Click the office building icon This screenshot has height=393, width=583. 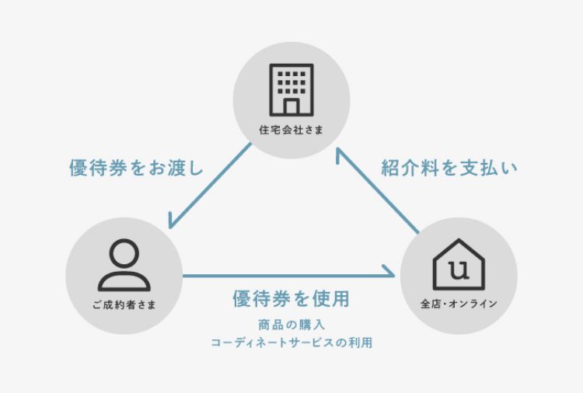coord(291,89)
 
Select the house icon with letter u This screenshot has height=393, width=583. coord(458,264)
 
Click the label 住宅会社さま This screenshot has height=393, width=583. coord(291,130)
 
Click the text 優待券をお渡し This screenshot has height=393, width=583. coord(136,169)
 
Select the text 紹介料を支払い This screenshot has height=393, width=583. coord(449,168)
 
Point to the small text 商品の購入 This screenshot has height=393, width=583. coord(291,325)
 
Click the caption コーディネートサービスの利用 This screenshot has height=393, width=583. coord(291,343)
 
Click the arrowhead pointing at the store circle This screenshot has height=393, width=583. coord(391,276)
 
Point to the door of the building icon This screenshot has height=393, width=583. coord(291,105)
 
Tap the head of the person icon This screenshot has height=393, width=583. coord(124,252)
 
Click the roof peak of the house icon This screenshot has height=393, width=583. coord(458,242)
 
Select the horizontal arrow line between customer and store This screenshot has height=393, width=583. coord(288,276)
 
